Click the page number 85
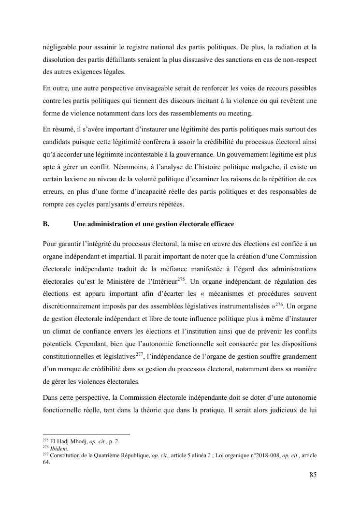(313, 474)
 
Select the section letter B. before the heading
(46, 224)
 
